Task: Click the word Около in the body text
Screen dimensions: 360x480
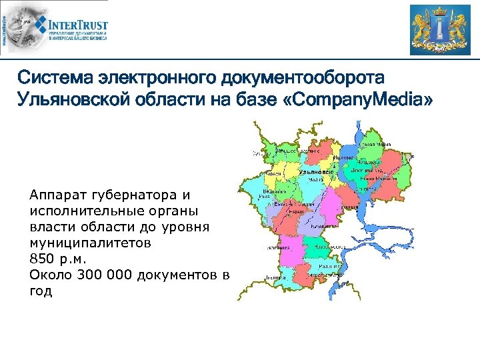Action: (x=50, y=275)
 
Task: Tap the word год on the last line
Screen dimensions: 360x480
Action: (x=41, y=291)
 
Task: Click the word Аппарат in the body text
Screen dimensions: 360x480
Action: (x=55, y=195)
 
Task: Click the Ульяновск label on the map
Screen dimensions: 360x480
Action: (x=315, y=172)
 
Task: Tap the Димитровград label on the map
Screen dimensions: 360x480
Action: (x=364, y=169)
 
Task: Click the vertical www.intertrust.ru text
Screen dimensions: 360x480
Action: (x=5, y=30)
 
